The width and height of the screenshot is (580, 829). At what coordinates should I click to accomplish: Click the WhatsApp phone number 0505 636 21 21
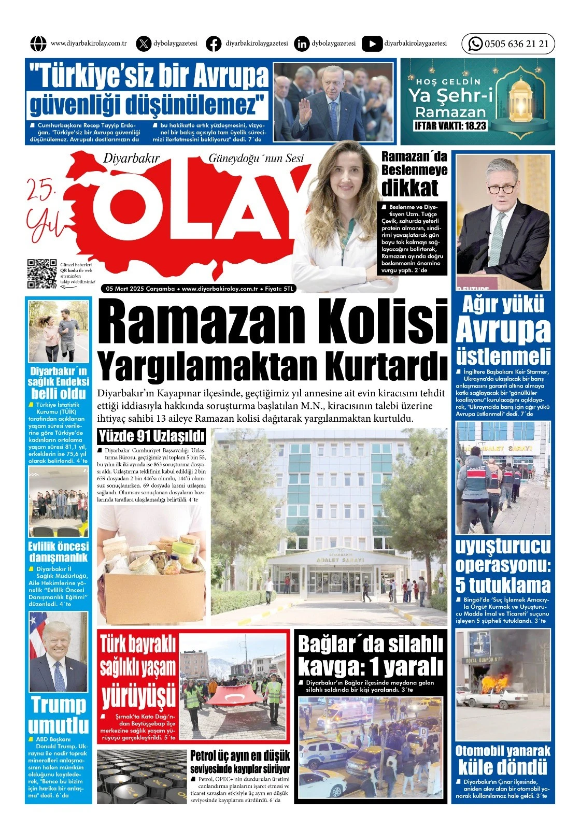(x=516, y=44)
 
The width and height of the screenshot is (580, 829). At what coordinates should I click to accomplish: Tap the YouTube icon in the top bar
(x=372, y=44)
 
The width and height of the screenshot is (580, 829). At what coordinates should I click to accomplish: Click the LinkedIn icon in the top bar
(x=301, y=44)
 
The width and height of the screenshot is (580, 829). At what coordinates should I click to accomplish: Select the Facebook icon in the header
(x=214, y=44)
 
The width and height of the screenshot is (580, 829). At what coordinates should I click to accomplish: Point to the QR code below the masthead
(x=42, y=273)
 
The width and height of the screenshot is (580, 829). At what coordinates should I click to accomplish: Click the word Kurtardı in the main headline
(x=386, y=366)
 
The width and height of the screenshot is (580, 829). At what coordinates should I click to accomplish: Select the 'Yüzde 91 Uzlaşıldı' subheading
(x=151, y=436)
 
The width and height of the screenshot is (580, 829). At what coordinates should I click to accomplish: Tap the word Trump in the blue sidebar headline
(x=59, y=705)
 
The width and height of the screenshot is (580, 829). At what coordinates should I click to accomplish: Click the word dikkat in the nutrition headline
(x=409, y=188)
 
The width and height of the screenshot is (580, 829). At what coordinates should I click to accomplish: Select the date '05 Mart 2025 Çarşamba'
(x=140, y=289)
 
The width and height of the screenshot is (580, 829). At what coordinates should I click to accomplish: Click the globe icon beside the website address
(x=38, y=44)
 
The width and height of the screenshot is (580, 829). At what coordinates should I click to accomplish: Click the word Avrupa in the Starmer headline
(x=503, y=330)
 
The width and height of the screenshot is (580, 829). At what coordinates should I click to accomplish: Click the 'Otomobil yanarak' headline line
(x=503, y=751)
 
